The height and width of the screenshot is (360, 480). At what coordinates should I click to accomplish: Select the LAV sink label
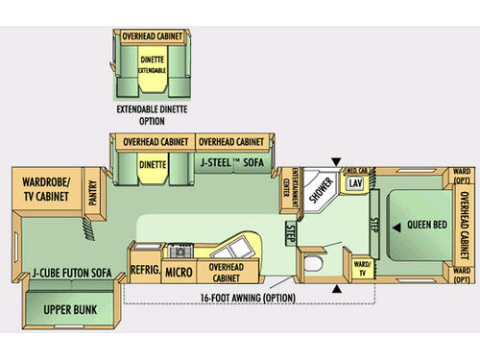[x=355, y=182]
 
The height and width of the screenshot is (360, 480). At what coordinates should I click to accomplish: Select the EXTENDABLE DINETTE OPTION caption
[x=152, y=115]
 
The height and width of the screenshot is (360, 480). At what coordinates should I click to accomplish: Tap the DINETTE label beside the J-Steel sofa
[x=154, y=164]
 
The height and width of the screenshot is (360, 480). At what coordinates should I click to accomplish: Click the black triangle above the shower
[x=335, y=159]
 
